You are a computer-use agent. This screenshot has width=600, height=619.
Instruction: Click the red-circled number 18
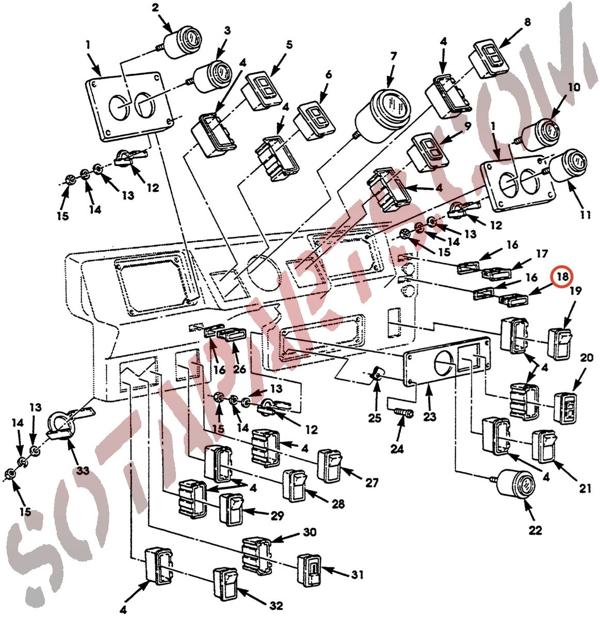(562, 276)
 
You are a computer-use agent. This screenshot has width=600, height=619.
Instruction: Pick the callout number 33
(83, 470)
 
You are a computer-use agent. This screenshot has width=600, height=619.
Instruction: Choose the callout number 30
(310, 532)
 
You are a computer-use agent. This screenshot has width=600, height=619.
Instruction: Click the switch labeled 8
(490, 58)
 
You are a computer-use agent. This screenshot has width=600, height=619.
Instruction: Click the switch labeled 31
(310, 571)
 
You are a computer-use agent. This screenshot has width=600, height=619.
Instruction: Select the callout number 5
(289, 45)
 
